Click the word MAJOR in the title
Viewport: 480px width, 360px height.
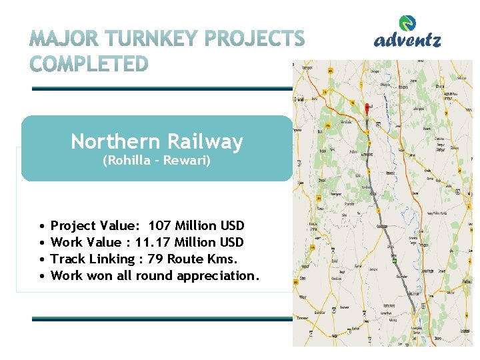[61, 40]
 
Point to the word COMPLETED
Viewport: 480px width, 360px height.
[89, 64]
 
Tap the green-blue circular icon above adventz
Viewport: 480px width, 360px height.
[409, 23]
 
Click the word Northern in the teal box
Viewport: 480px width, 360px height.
[115, 141]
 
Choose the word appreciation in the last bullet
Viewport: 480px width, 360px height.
[217, 275]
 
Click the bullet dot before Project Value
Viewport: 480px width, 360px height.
[41, 226]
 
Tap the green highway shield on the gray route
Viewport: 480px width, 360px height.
[396, 261]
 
